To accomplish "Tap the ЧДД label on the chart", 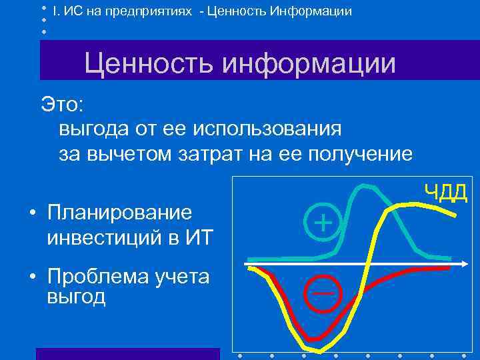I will (447, 193).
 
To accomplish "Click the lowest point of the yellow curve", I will (319, 351).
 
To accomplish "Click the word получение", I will (361, 154).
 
